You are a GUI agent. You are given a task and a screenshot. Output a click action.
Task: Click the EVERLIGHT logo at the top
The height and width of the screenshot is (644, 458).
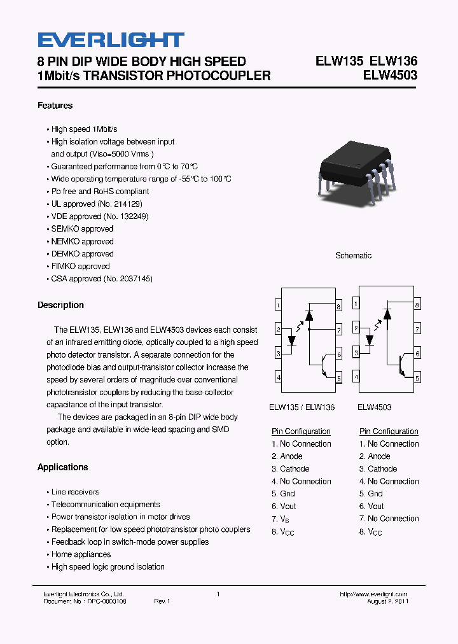(x=111, y=40)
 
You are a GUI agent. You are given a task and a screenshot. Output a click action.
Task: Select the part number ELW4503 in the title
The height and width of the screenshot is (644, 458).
(x=390, y=76)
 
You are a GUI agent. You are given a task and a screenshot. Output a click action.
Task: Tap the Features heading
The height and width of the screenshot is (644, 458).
(x=55, y=106)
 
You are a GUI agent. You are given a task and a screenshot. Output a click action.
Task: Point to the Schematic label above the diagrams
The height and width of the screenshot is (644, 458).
(x=353, y=255)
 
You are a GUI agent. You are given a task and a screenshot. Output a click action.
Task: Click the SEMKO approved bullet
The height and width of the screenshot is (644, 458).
(x=82, y=229)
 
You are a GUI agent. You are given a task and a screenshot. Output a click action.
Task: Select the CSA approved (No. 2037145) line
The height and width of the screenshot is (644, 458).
(x=102, y=279)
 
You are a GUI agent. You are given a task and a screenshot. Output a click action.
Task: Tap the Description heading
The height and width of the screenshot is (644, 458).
(x=60, y=305)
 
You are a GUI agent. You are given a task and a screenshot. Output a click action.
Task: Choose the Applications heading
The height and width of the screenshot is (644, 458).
(x=62, y=467)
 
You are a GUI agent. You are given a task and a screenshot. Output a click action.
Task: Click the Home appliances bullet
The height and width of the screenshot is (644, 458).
(x=81, y=554)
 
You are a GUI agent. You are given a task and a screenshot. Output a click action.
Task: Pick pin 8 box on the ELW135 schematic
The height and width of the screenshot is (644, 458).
(x=339, y=306)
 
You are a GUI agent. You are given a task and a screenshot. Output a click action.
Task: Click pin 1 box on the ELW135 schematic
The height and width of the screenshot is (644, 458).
(x=279, y=305)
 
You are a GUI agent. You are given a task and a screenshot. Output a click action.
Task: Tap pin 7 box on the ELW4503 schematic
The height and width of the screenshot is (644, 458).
(x=417, y=330)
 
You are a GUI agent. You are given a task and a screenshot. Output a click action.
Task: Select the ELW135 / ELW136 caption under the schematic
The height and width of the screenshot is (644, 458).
(x=302, y=407)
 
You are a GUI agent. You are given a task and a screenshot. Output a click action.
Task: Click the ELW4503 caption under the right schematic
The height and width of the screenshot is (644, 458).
(x=374, y=407)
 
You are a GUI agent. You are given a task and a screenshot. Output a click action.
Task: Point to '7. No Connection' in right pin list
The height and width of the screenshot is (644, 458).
(x=389, y=519)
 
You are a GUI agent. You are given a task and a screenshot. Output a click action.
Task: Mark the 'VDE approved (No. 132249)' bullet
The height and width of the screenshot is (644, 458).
(x=99, y=216)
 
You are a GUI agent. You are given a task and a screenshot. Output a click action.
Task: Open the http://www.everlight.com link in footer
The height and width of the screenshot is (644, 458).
(x=373, y=594)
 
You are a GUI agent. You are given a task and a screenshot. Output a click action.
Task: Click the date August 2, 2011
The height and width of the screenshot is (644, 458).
(x=387, y=601)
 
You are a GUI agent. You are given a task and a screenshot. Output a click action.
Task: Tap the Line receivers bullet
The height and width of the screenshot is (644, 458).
(x=75, y=492)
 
